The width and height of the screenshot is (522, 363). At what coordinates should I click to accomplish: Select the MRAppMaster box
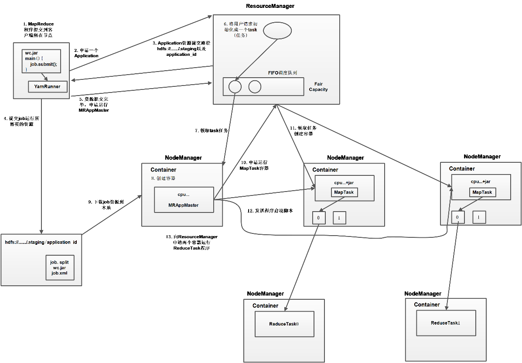click(x=184, y=200)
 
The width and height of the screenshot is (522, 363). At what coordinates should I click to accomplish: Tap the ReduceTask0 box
click(x=284, y=324)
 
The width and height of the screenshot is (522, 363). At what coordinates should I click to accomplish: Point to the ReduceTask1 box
click(x=446, y=323)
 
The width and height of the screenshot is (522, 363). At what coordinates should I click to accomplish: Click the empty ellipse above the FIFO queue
click(x=277, y=30)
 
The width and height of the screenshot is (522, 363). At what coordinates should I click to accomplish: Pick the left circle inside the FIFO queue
click(x=235, y=86)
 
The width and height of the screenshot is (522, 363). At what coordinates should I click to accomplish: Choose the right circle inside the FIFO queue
click(x=255, y=86)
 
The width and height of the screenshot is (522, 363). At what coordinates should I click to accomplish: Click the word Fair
click(x=318, y=84)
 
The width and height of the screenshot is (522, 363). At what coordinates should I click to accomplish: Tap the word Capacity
click(x=318, y=89)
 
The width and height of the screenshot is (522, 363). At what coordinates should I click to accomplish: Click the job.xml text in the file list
click(x=60, y=273)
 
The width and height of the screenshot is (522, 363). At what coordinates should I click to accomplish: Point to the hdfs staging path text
click(x=41, y=242)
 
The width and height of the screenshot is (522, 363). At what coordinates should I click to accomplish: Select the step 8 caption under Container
click(x=163, y=178)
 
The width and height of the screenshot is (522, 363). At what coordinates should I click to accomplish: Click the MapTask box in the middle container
click(x=345, y=192)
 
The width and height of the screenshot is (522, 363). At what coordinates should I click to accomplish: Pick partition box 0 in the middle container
click(x=319, y=217)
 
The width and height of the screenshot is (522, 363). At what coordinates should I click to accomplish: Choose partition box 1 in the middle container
click(x=339, y=217)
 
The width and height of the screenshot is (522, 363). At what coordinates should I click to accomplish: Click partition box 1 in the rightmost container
click(x=479, y=217)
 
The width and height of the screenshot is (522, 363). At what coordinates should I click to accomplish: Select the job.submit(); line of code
click(x=44, y=64)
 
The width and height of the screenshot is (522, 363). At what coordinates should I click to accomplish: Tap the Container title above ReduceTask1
click(x=427, y=305)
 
